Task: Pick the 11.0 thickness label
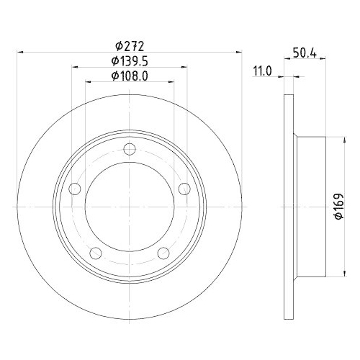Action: tap(261, 71)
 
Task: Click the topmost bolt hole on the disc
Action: tap(130, 149)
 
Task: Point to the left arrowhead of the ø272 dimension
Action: tap(19, 52)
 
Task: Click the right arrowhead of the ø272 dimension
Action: tap(239, 52)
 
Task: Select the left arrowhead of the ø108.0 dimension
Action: tap(89, 81)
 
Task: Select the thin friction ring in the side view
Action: tap(289, 206)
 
